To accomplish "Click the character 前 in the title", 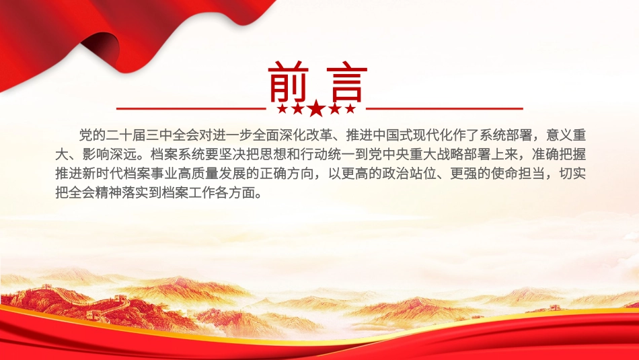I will [289, 83].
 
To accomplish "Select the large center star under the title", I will [316, 108].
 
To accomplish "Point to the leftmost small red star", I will [282, 109].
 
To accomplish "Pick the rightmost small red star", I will [351, 109].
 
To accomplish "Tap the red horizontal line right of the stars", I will [444, 108].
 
